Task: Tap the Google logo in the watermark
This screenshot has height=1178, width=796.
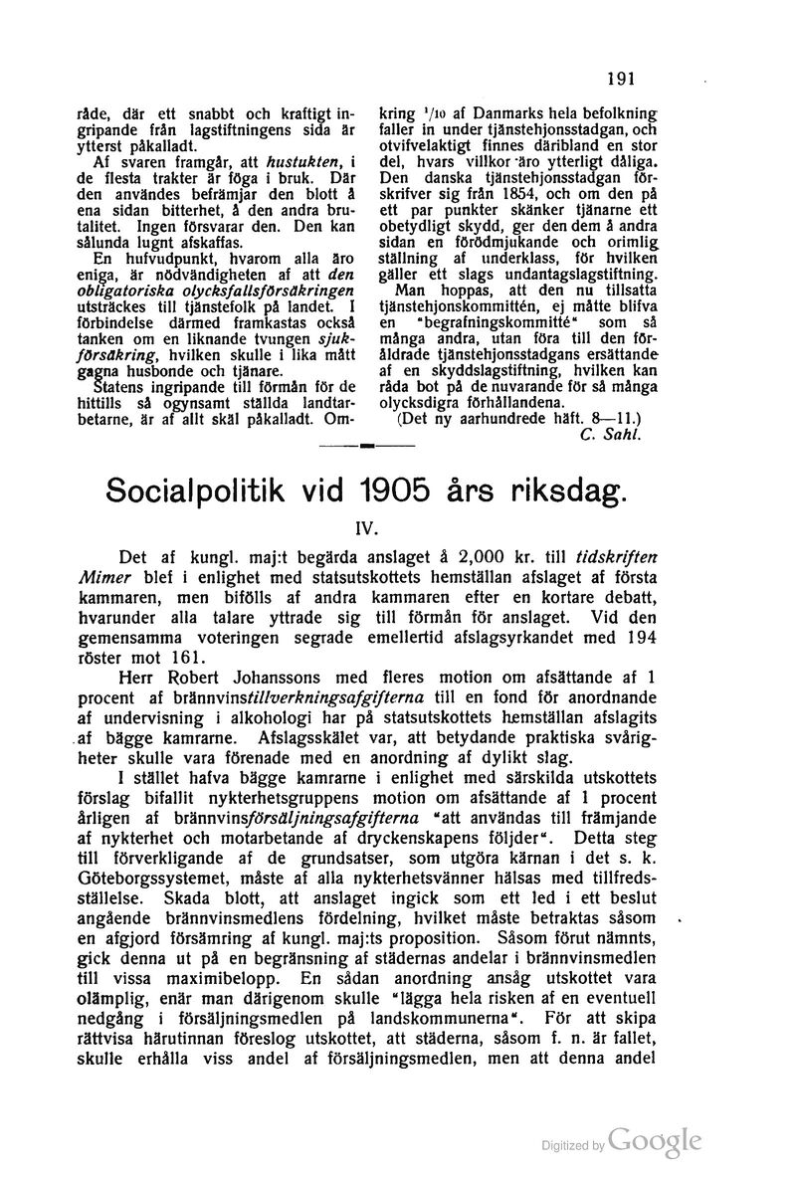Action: coord(657,1141)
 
